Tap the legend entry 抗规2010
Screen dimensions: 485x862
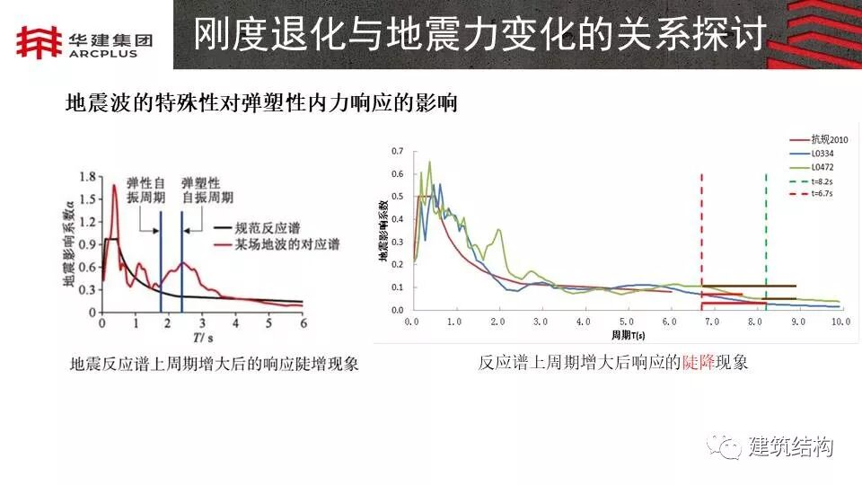pyautogui.click(x=829, y=139)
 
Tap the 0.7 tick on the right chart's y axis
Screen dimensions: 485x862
pyautogui.click(x=397, y=151)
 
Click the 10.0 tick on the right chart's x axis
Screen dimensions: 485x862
pyautogui.click(x=839, y=321)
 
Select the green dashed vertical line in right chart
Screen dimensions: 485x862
pyautogui.click(x=766, y=234)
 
